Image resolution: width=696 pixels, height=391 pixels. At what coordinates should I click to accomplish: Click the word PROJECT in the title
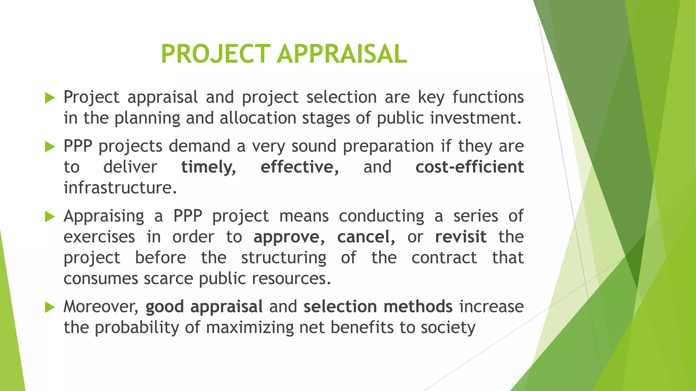pos(215,54)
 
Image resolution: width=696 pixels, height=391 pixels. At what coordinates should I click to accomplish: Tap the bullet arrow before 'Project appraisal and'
pos(50,98)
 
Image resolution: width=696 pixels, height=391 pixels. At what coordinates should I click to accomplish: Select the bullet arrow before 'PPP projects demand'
pos(50,147)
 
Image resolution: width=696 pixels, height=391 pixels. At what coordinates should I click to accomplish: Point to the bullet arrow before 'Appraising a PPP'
pos(50,217)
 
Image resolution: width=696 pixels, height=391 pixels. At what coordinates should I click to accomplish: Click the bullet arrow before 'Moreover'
pos(50,308)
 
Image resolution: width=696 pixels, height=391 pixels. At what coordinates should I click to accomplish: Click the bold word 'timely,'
pos(209,167)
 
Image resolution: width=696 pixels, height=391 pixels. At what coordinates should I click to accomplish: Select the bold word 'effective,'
pos(299,167)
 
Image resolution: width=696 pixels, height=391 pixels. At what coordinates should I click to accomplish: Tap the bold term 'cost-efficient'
pos(469,167)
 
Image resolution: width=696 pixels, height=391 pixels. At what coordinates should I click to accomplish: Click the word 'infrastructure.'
pos(120,188)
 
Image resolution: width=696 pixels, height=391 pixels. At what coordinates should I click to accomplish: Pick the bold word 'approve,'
pos(289,237)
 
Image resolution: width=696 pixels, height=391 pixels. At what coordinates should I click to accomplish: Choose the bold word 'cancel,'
pos(366,237)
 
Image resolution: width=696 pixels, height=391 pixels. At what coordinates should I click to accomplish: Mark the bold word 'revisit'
pos(460,237)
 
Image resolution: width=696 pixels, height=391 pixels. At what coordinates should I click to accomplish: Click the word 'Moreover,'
pos(101,307)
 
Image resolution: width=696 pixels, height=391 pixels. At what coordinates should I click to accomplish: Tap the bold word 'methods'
pos(418,307)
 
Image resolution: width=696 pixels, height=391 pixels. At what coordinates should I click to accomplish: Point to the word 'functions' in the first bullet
pos(488,97)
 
